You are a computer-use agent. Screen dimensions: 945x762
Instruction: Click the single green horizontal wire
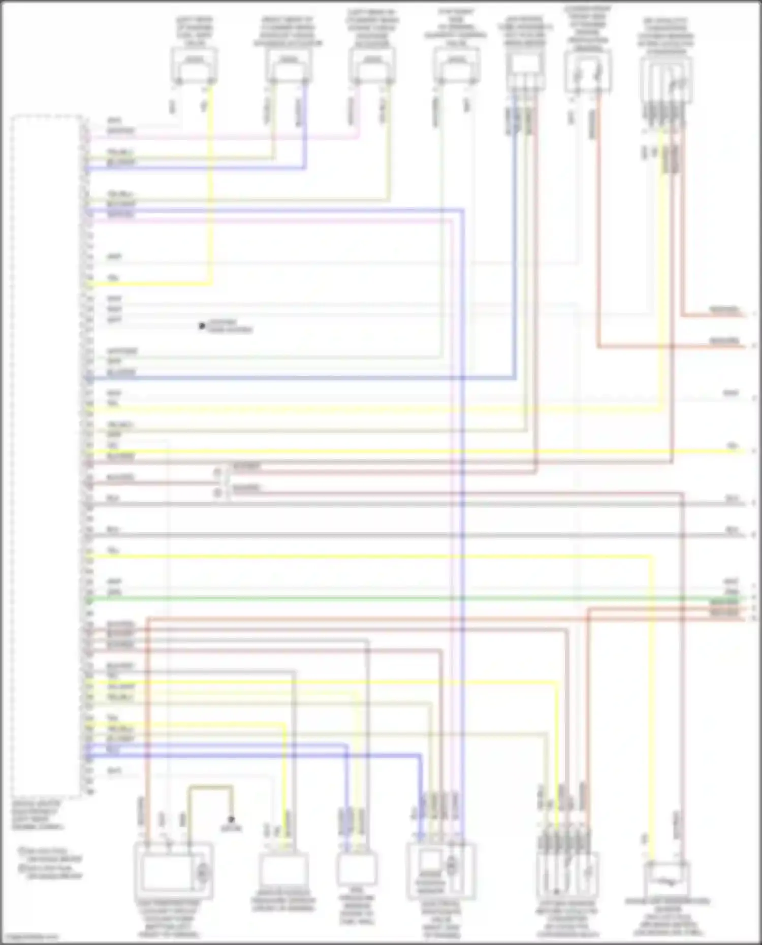click(406, 599)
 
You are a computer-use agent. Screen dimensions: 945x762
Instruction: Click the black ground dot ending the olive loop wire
click(231, 819)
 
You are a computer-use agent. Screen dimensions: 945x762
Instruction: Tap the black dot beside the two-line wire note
click(202, 326)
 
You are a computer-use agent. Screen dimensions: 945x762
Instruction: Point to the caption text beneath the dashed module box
click(37, 815)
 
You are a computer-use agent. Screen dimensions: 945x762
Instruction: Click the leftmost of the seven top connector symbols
click(195, 66)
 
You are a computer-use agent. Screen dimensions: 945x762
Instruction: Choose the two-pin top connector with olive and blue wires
click(288, 66)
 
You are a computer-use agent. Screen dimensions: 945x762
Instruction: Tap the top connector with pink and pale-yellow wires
click(372, 66)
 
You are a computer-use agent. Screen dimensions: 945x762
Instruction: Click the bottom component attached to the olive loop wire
click(173, 871)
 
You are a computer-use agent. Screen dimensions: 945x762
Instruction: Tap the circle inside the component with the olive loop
click(203, 872)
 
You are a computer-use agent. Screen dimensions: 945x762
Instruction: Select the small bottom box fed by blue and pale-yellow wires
click(357, 869)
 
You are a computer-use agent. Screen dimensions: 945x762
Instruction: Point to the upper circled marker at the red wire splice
click(217, 472)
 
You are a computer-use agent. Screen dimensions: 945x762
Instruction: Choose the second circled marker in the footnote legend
click(22, 868)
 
